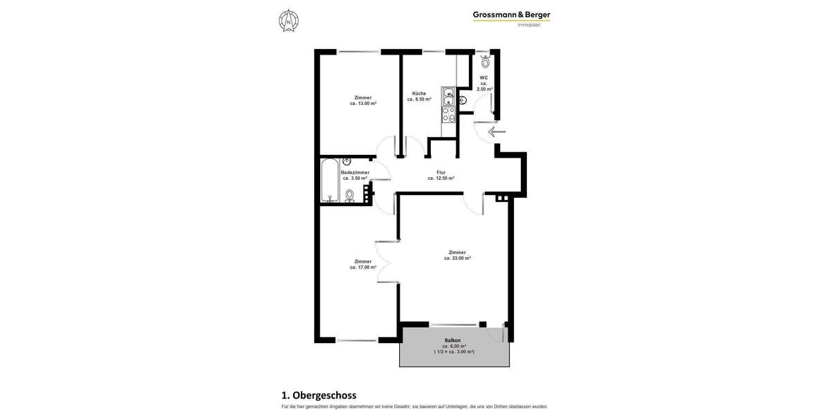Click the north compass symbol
288,21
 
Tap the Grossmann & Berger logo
511,15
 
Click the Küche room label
419,96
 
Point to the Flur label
441,175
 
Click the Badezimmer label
355,175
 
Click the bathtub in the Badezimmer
330,181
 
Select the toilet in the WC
486,61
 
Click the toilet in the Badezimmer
349,196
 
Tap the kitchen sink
448,96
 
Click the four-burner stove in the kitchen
448,114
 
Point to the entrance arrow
497,131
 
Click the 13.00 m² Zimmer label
362,100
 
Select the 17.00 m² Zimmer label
362,264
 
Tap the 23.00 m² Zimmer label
457,255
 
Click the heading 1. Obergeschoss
319,396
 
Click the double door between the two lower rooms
380,261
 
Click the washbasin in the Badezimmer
347,161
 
